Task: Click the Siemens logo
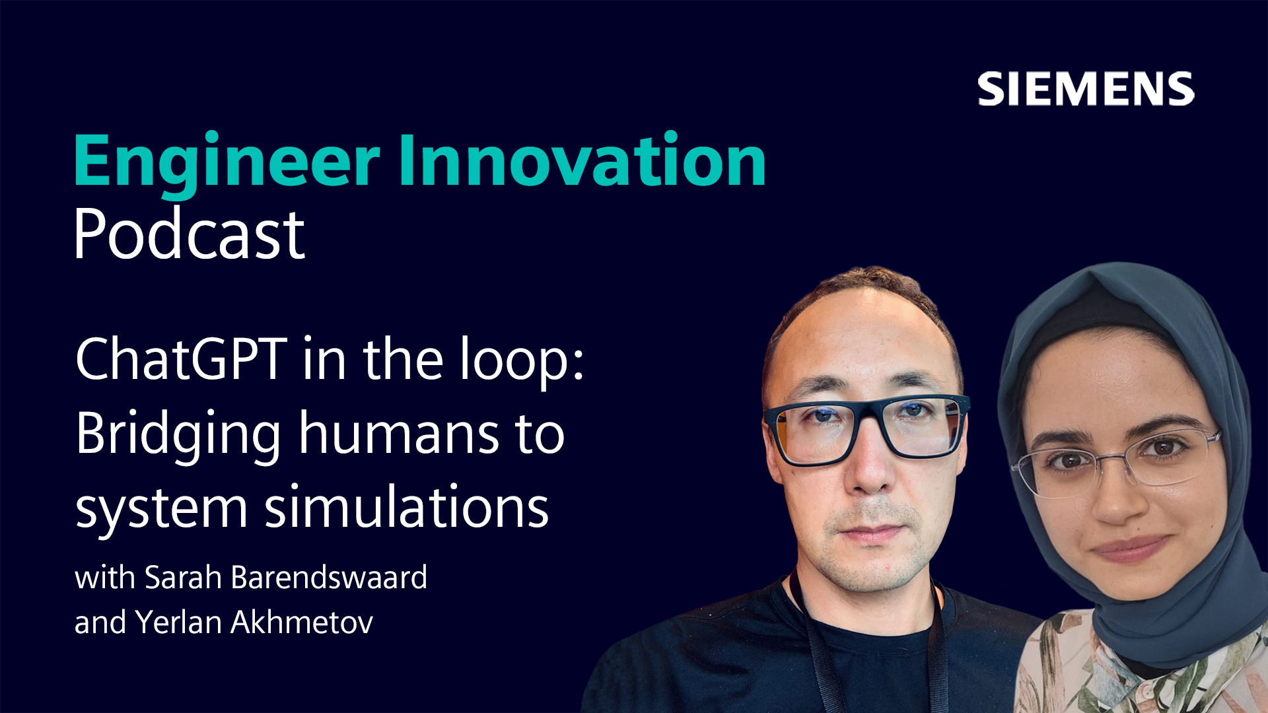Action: [1086, 89]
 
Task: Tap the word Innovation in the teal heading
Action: [582, 159]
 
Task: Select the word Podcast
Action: [189, 234]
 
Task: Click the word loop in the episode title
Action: [522, 362]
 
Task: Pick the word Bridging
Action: [178, 436]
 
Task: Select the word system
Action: [161, 510]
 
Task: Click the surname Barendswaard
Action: [329, 577]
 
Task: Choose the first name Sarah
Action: [183, 577]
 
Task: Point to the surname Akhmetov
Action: [302, 622]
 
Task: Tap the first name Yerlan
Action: [178, 622]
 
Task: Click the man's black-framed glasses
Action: [866, 427]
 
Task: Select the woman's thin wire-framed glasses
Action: [1116, 462]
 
